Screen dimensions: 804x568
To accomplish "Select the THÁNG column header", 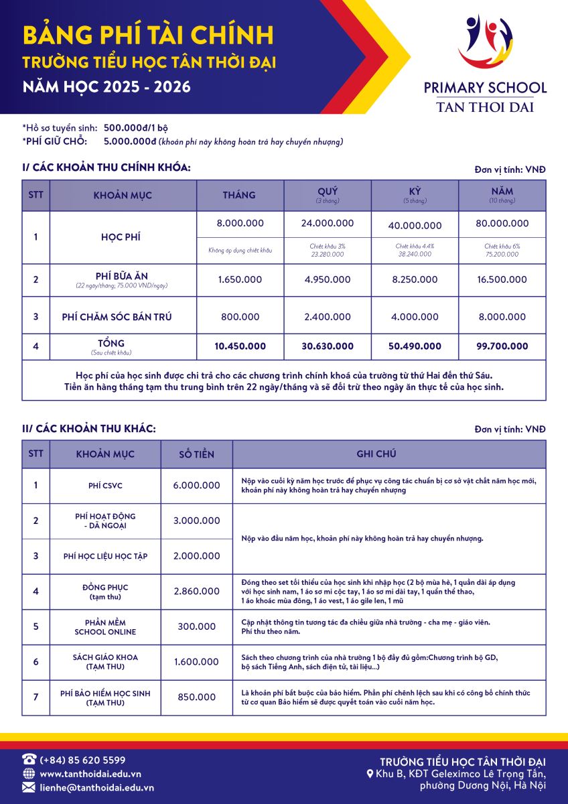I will (239, 195).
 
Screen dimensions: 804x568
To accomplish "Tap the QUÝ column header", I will (327, 192).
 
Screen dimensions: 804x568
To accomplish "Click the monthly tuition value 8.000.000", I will (240, 223).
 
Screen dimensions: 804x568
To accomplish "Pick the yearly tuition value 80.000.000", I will (501, 223).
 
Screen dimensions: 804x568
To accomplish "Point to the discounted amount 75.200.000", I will (502, 255).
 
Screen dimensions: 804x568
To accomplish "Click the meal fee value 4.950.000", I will (327, 279).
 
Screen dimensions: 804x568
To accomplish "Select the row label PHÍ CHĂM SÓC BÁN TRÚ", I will (117, 316).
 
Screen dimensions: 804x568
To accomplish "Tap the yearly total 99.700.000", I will (501, 346).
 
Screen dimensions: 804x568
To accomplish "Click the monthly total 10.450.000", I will (240, 346).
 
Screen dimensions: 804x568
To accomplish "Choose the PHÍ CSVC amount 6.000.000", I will (196, 485).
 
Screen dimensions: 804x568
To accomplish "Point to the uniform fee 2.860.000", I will (196, 591).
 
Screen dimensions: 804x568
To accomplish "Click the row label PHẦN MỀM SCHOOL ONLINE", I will (105, 627).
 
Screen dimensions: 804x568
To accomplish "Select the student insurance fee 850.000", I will (196, 697).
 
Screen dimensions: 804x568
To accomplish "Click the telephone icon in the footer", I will (29, 759).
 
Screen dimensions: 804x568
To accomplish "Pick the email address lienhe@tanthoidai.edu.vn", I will (97, 788).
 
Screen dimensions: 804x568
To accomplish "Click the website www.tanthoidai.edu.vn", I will (90, 774).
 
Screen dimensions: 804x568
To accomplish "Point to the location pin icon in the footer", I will (370, 774).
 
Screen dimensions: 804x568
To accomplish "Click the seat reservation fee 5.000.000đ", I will (130, 141).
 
